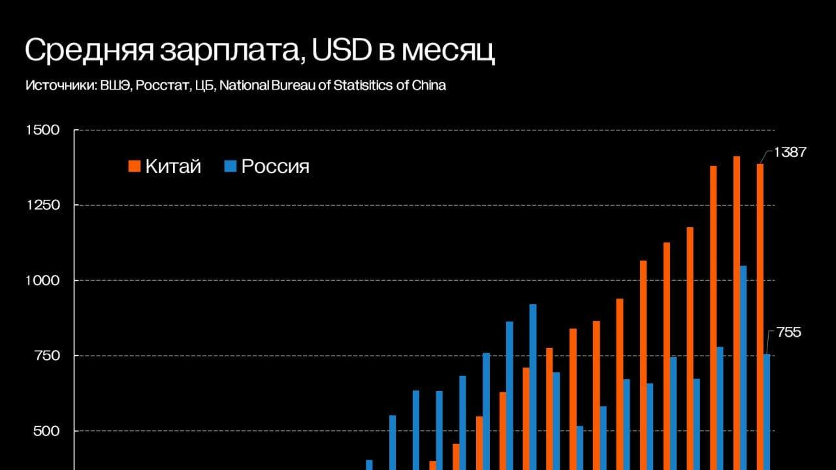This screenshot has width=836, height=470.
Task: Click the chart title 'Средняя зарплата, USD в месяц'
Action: coord(259,52)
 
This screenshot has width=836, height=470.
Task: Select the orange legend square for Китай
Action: coord(135,166)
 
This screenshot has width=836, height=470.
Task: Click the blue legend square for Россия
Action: coord(230,166)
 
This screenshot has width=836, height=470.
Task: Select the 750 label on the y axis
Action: coord(48,356)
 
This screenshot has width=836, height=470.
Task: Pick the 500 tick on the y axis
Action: coord(48,431)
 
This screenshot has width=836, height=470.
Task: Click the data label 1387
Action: coord(790,152)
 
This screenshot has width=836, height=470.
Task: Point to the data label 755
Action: coord(789,333)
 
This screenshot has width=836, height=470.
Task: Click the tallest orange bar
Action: coord(737,313)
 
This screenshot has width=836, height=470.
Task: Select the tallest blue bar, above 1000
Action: coord(743,366)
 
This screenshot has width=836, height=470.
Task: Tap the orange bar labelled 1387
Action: coord(760,313)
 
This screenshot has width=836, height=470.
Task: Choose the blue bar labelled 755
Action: coord(767,411)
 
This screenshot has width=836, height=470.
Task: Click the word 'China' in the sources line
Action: coord(429,86)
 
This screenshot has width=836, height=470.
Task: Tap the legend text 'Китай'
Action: coord(173,166)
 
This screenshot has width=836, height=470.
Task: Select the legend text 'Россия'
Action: coord(275,166)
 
